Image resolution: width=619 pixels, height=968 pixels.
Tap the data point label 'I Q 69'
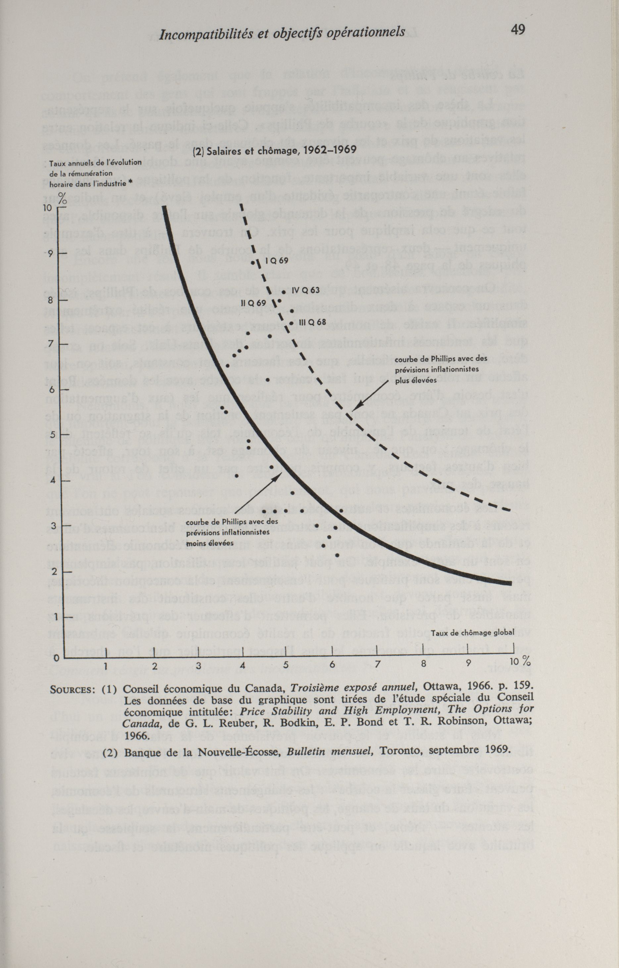pyautogui.click(x=277, y=261)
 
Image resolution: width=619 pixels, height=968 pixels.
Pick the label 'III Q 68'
pyautogui.click(x=312, y=322)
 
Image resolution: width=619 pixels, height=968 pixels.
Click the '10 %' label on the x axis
pyautogui.click(x=520, y=662)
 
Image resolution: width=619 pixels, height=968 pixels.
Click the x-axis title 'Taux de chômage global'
pyautogui.click(x=473, y=633)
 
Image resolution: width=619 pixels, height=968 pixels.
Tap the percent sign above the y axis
pyautogui.click(x=62, y=197)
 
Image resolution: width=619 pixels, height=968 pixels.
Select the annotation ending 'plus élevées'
pyautogui.click(x=441, y=369)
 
